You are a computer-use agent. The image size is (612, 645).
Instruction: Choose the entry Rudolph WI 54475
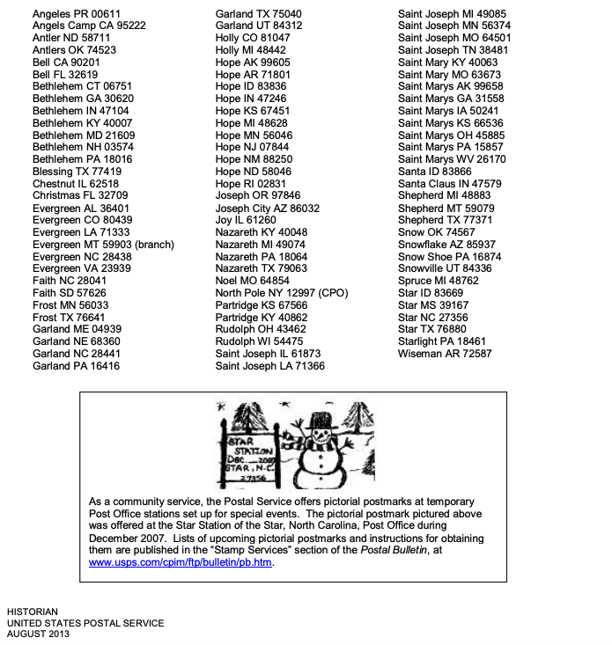(260, 341)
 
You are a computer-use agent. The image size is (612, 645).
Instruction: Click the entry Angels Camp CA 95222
(89, 26)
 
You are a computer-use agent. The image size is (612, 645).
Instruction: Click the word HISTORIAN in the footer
(33, 612)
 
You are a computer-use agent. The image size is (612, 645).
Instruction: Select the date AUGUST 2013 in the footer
(38, 634)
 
